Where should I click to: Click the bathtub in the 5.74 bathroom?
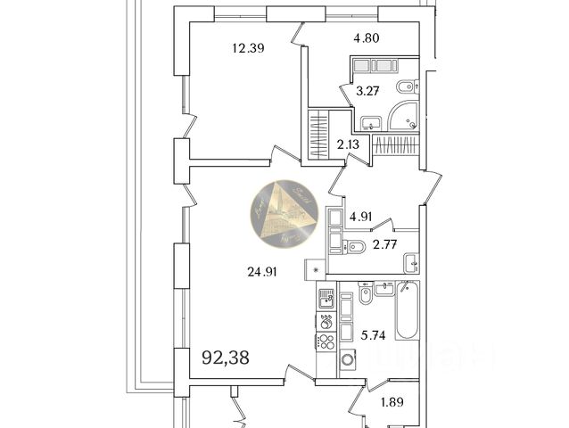[x=408, y=311]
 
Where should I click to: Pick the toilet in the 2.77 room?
[x=354, y=245]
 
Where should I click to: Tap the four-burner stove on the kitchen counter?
[x=326, y=342]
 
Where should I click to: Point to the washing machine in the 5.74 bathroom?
[x=345, y=362]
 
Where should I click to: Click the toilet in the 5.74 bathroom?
[x=366, y=293]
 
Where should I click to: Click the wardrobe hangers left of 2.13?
[x=318, y=134]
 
